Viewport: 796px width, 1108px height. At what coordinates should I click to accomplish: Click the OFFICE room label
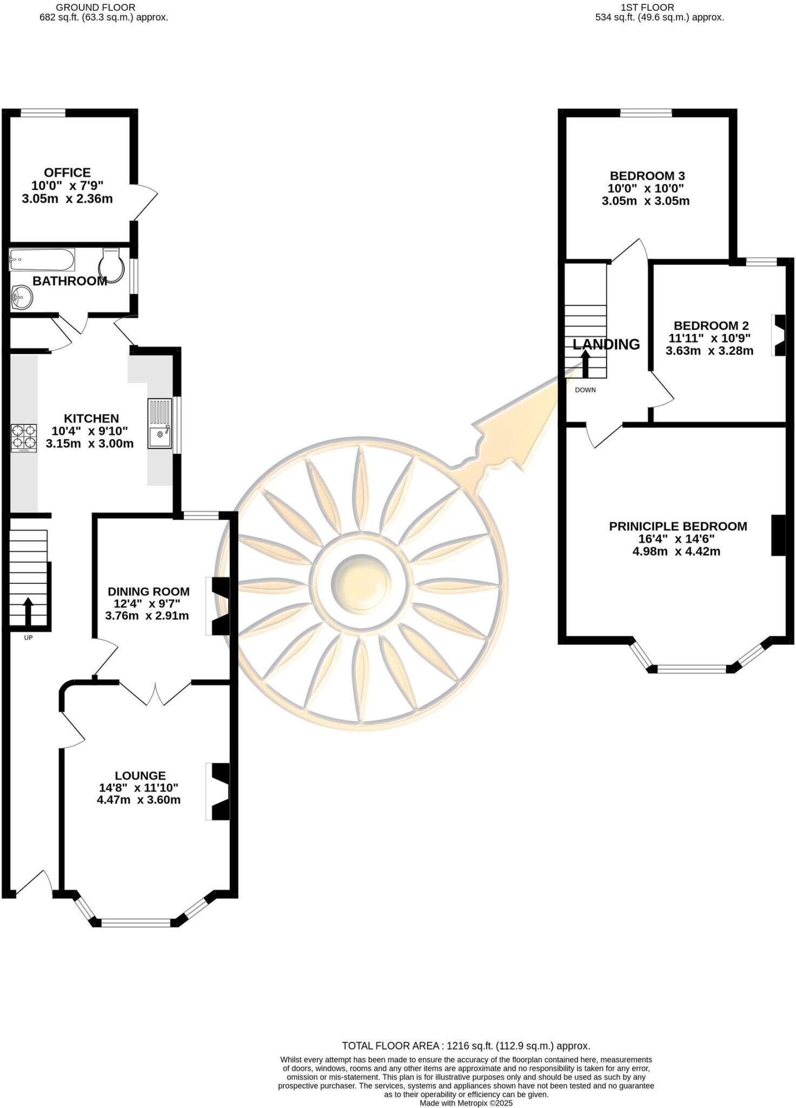click(x=67, y=173)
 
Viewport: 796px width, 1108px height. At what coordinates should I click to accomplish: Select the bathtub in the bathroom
click(x=42, y=260)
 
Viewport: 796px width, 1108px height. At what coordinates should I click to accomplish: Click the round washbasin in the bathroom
click(x=22, y=296)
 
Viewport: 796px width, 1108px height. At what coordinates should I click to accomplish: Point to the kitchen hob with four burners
click(x=24, y=438)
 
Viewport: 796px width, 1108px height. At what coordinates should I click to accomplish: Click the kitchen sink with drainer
click(x=160, y=424)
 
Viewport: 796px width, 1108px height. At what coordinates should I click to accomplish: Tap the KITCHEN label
click(x=91, y=418)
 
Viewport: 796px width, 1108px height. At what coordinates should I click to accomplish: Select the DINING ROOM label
click(x=149, y=591)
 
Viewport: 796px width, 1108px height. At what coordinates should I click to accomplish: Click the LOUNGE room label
click(x=140, y=775)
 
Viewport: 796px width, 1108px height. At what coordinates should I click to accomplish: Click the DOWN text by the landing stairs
click(x=585, y=390)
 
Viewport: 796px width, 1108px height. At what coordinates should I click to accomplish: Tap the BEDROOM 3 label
click(x=647, y=176)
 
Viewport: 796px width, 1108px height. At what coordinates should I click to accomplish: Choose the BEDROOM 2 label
click(x=711, y=326)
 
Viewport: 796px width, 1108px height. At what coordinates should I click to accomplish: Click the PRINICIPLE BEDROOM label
click(x=678, y=526)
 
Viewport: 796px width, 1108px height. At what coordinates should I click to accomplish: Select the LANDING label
click(x=606, y=344)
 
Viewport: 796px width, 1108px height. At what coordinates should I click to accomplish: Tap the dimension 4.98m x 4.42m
click(x=676, y=552)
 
